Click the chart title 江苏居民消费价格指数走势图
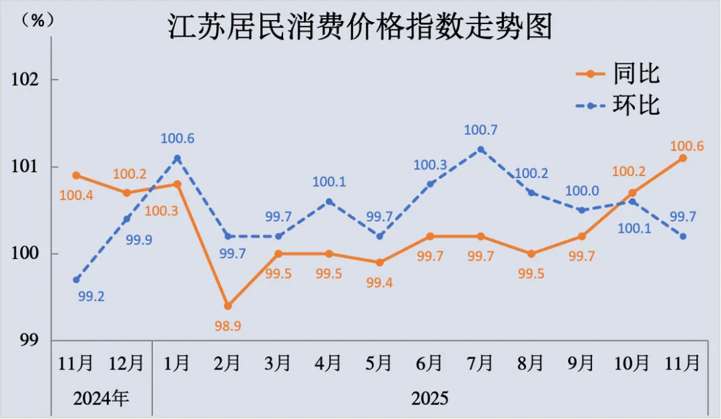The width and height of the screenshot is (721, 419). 360,29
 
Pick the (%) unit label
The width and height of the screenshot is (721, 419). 38,20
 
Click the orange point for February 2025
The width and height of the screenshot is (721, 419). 228,306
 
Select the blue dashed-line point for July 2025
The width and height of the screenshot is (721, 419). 481,149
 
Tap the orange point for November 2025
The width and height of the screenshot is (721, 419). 683,158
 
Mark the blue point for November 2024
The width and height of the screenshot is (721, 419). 76,280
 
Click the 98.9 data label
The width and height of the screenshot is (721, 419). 228,326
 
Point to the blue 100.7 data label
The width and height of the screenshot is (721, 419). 481,129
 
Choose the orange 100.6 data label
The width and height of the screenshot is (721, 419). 687,145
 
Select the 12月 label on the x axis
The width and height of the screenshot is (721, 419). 126,364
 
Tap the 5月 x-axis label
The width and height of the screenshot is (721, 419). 379,364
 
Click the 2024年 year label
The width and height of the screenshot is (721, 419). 101,398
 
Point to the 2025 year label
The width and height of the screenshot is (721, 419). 430,398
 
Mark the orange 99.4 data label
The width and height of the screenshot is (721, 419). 379,283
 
